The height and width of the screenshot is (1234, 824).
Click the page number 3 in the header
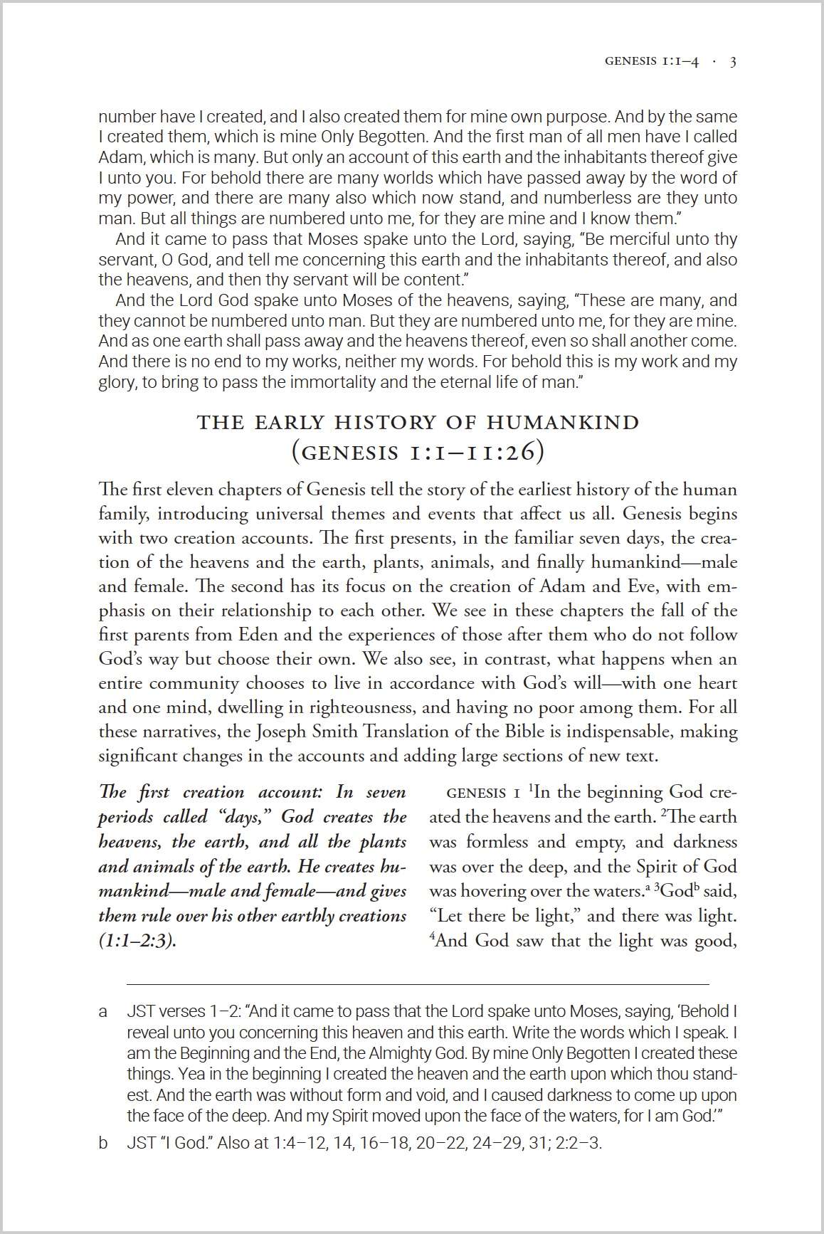click(733, 62)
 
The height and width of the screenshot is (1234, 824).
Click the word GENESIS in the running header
click(630, 62)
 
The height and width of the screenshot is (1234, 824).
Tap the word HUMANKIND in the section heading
click(563, 422)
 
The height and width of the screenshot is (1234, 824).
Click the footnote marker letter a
click(103, 1011)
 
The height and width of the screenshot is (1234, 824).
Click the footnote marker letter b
click(103, 1143)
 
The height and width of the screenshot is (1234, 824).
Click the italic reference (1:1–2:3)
click(137, 941)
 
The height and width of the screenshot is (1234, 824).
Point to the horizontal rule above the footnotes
click(418, 984)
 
